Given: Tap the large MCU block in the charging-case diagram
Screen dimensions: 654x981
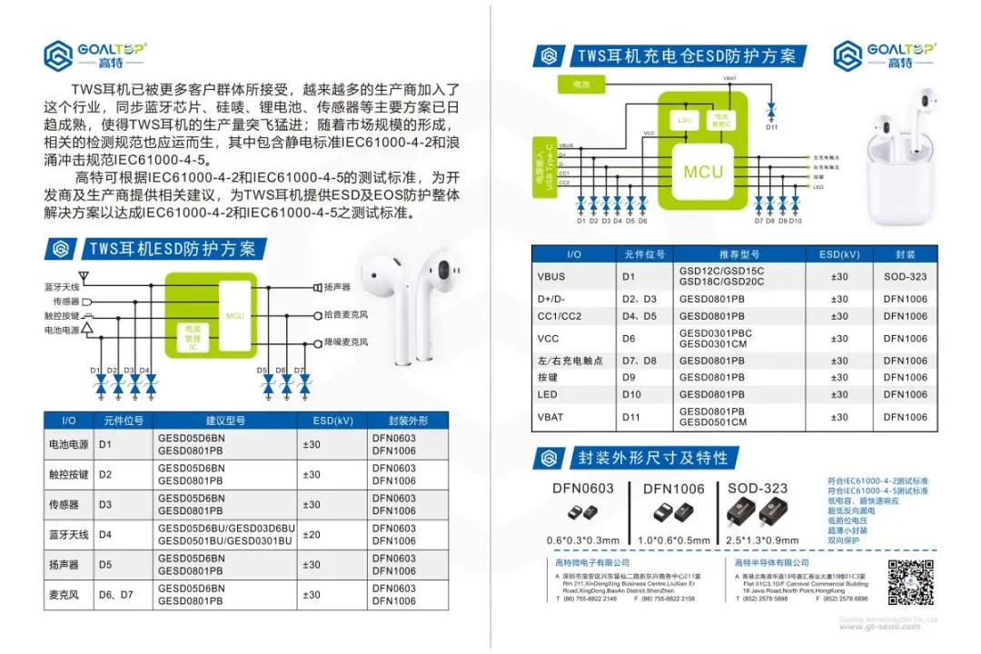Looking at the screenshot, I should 703,172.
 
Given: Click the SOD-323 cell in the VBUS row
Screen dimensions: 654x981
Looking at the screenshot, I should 905,276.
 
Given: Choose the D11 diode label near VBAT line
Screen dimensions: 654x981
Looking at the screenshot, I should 771,126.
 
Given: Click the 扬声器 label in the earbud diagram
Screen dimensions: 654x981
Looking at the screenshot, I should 337,287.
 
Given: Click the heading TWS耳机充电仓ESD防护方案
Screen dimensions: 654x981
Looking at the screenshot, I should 687,56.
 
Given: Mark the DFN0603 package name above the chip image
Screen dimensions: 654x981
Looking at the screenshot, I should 583,489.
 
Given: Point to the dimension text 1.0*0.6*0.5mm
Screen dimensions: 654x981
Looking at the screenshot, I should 673,540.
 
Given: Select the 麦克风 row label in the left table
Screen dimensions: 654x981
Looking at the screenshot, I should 68,594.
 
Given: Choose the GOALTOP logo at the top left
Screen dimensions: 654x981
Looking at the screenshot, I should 95,55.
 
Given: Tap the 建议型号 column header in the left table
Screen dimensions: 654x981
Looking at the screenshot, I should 226,421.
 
